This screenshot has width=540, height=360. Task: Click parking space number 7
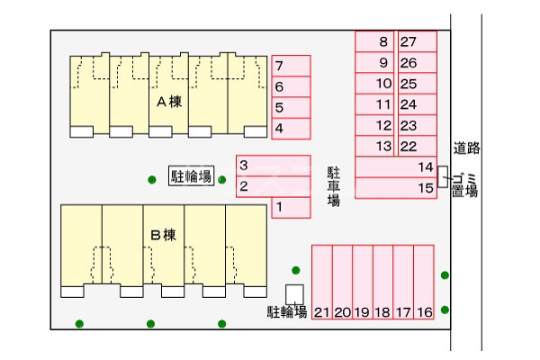[291, 66]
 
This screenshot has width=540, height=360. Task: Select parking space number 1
[291, 208]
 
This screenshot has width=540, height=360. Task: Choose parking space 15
[397, 188]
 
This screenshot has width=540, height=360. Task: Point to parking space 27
[417, 41]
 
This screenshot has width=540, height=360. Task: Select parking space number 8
[375, 41]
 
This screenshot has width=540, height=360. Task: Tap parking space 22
[417, 147]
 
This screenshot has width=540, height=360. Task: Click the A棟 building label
[169, 102]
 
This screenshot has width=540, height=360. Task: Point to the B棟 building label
[163, 236]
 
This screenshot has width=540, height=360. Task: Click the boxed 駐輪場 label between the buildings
[192, 175]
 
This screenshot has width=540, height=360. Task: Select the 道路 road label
[465, 148]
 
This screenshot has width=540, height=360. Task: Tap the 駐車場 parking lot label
[333, 185]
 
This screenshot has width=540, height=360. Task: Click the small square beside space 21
[294, 293]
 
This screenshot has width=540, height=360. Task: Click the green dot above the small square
[295, 269]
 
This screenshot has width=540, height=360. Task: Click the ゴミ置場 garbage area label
[464, 183]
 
